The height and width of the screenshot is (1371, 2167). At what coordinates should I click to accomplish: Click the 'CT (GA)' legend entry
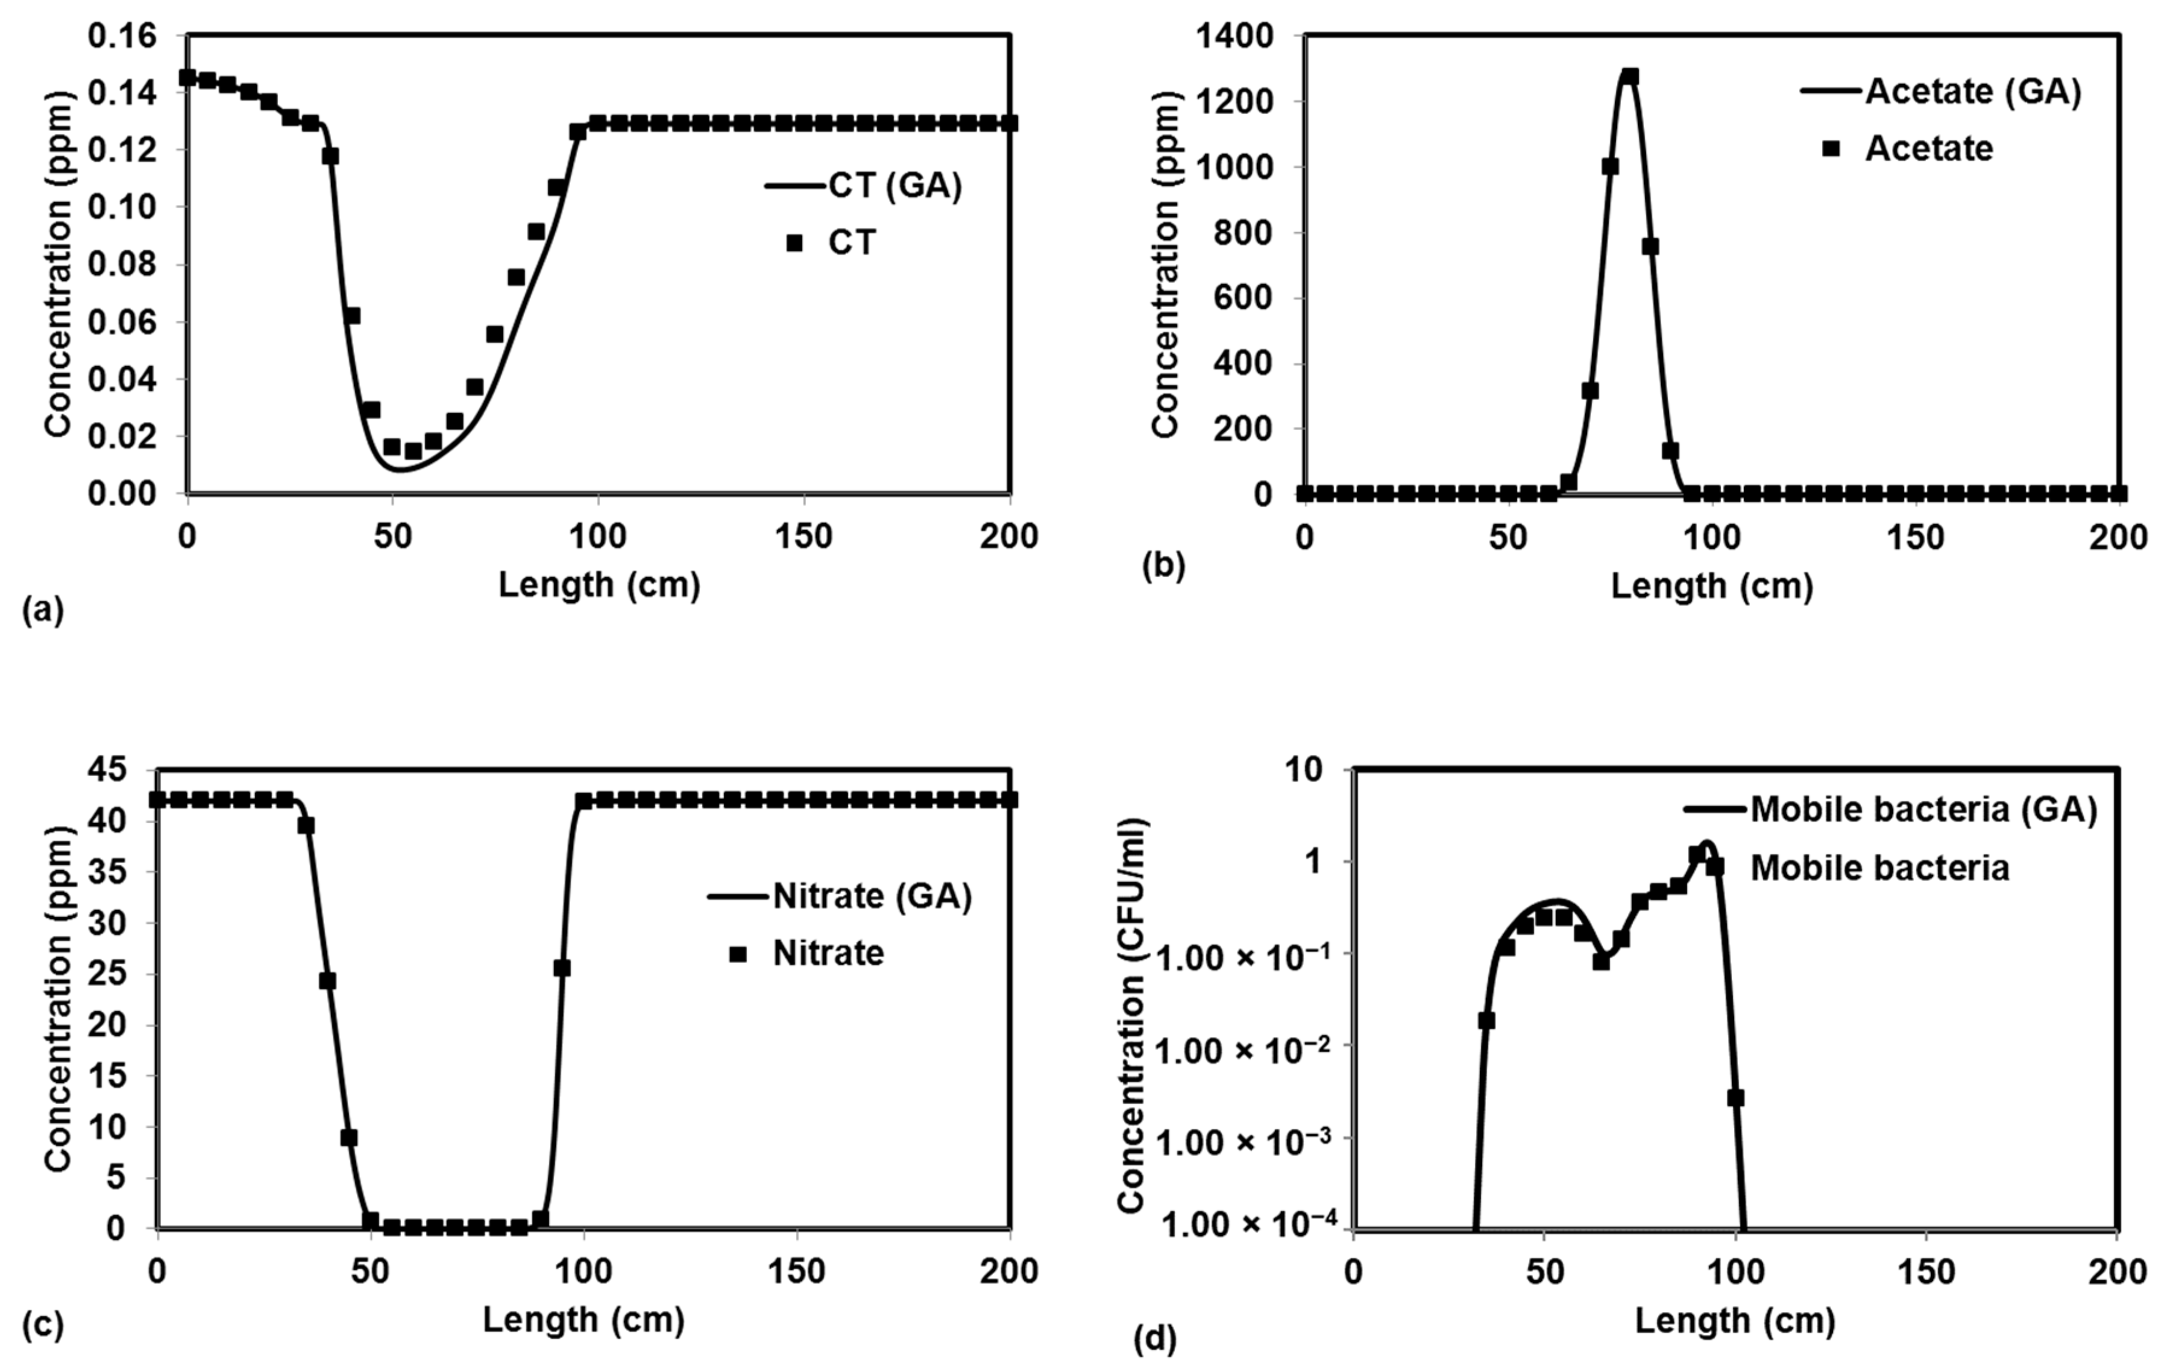tap(895, 186)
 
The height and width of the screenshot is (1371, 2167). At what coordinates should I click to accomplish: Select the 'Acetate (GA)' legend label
tap(1973, 91)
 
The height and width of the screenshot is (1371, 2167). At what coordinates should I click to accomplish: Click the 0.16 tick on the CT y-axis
tap(122, 37)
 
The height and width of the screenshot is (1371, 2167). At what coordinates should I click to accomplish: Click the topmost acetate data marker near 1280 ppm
tap(1630, 77)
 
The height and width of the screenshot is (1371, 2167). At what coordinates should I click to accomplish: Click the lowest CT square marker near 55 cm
tap(413, 451)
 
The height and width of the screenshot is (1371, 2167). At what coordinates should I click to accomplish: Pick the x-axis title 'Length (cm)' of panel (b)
tap(1712, 586)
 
